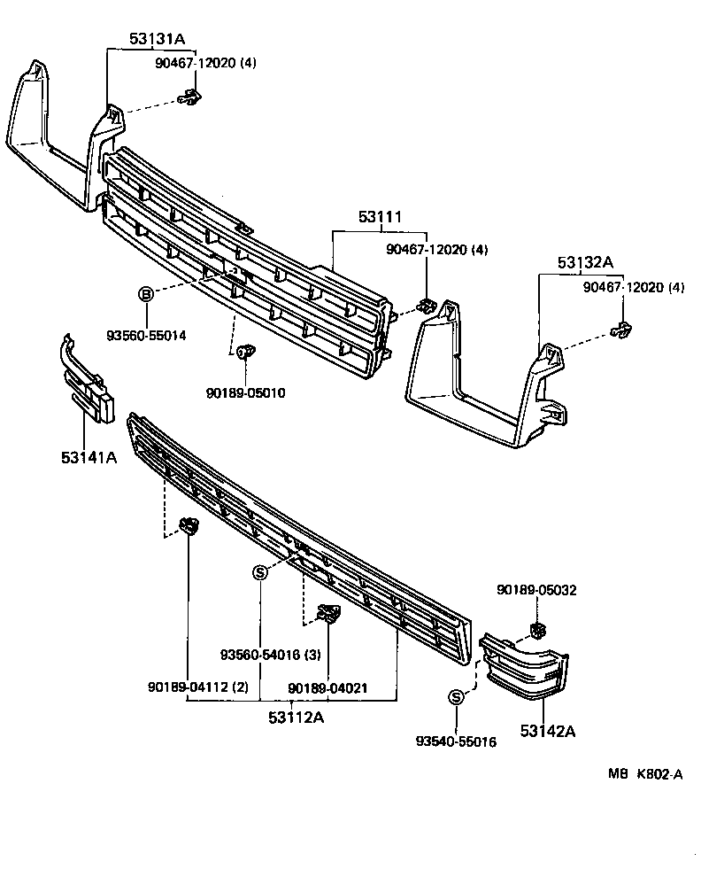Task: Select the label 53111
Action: click(380, 217)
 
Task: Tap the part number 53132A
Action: click(585, 262)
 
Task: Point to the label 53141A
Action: click(89, 457)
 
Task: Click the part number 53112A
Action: click(297, 718)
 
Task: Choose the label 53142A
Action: click(548, 731)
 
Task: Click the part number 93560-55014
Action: click(146, 336)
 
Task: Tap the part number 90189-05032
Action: click(536, 590)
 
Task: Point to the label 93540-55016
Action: click(456, 741)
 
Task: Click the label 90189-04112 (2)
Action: click(197, 687)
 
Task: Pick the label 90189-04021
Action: click(328, 687)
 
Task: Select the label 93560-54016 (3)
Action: click(270, 656)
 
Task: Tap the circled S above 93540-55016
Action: click(457, 698)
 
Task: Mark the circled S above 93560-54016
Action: click(260, 572)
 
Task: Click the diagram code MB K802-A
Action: click(644, 773)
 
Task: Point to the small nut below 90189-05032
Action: click(536, 630)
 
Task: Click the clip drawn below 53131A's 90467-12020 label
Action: click(189, 99)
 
